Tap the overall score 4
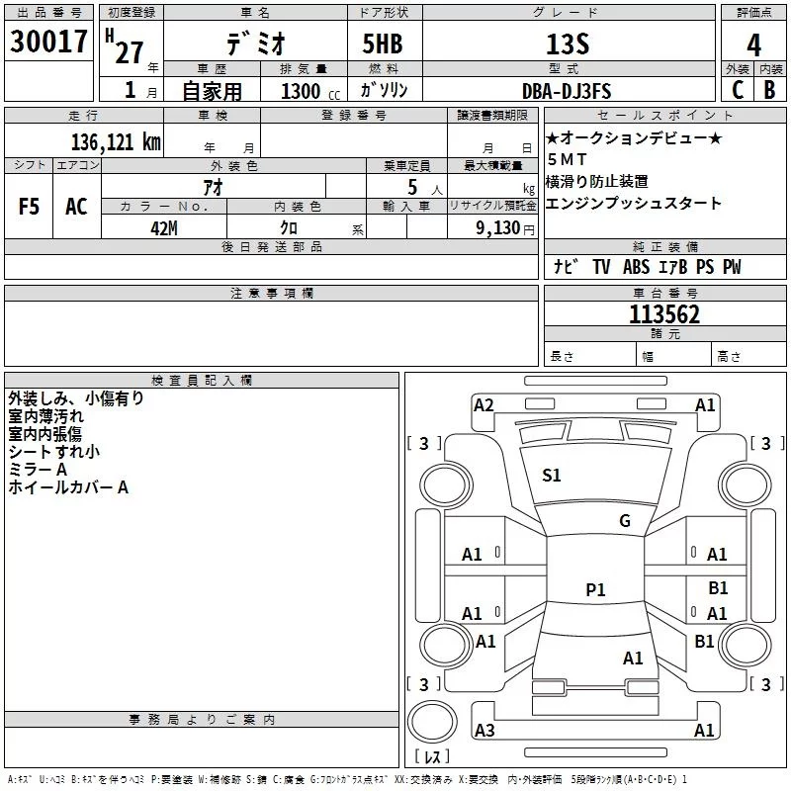click(754, 44)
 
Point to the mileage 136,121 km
click(116, 141)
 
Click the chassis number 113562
click(664, 314)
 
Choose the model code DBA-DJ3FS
click(567, 91)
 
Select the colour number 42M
click(164, 226)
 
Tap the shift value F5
click(29, 207)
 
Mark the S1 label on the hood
click(552, 476)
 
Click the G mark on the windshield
click(624, 521)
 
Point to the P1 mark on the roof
click(595, 590)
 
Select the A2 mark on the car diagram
click(483, 404)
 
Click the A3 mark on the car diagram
click(484, 731)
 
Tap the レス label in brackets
click(432, 757)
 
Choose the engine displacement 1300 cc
click(306, 91)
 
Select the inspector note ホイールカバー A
click(68, 487)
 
